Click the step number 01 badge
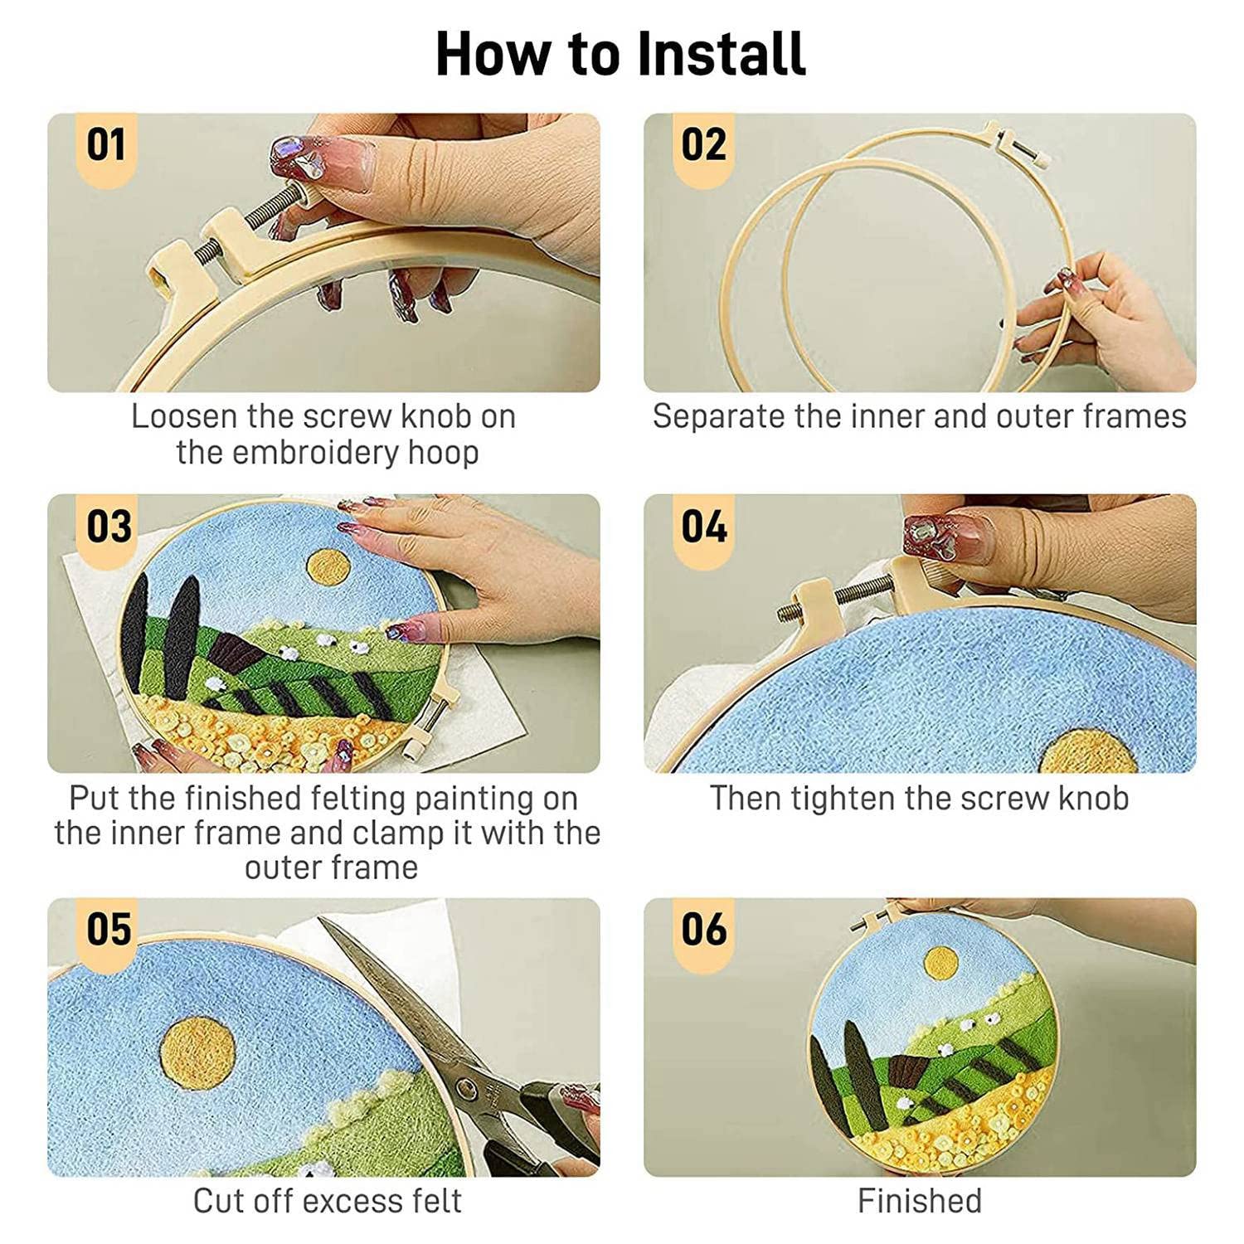click(x=106, y=147)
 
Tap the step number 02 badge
click(x=703, y=147)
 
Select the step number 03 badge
click(x=108, y=528)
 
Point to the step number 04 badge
click(x=703, y=528)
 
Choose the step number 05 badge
click(x=108, y=931)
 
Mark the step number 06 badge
click(x=703, y=931)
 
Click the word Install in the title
click(x=722, y=53)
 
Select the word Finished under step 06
click(x=919, y=1200)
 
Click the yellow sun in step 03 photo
click(x=329, y=566)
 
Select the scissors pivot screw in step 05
click(x=469, y=1087)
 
